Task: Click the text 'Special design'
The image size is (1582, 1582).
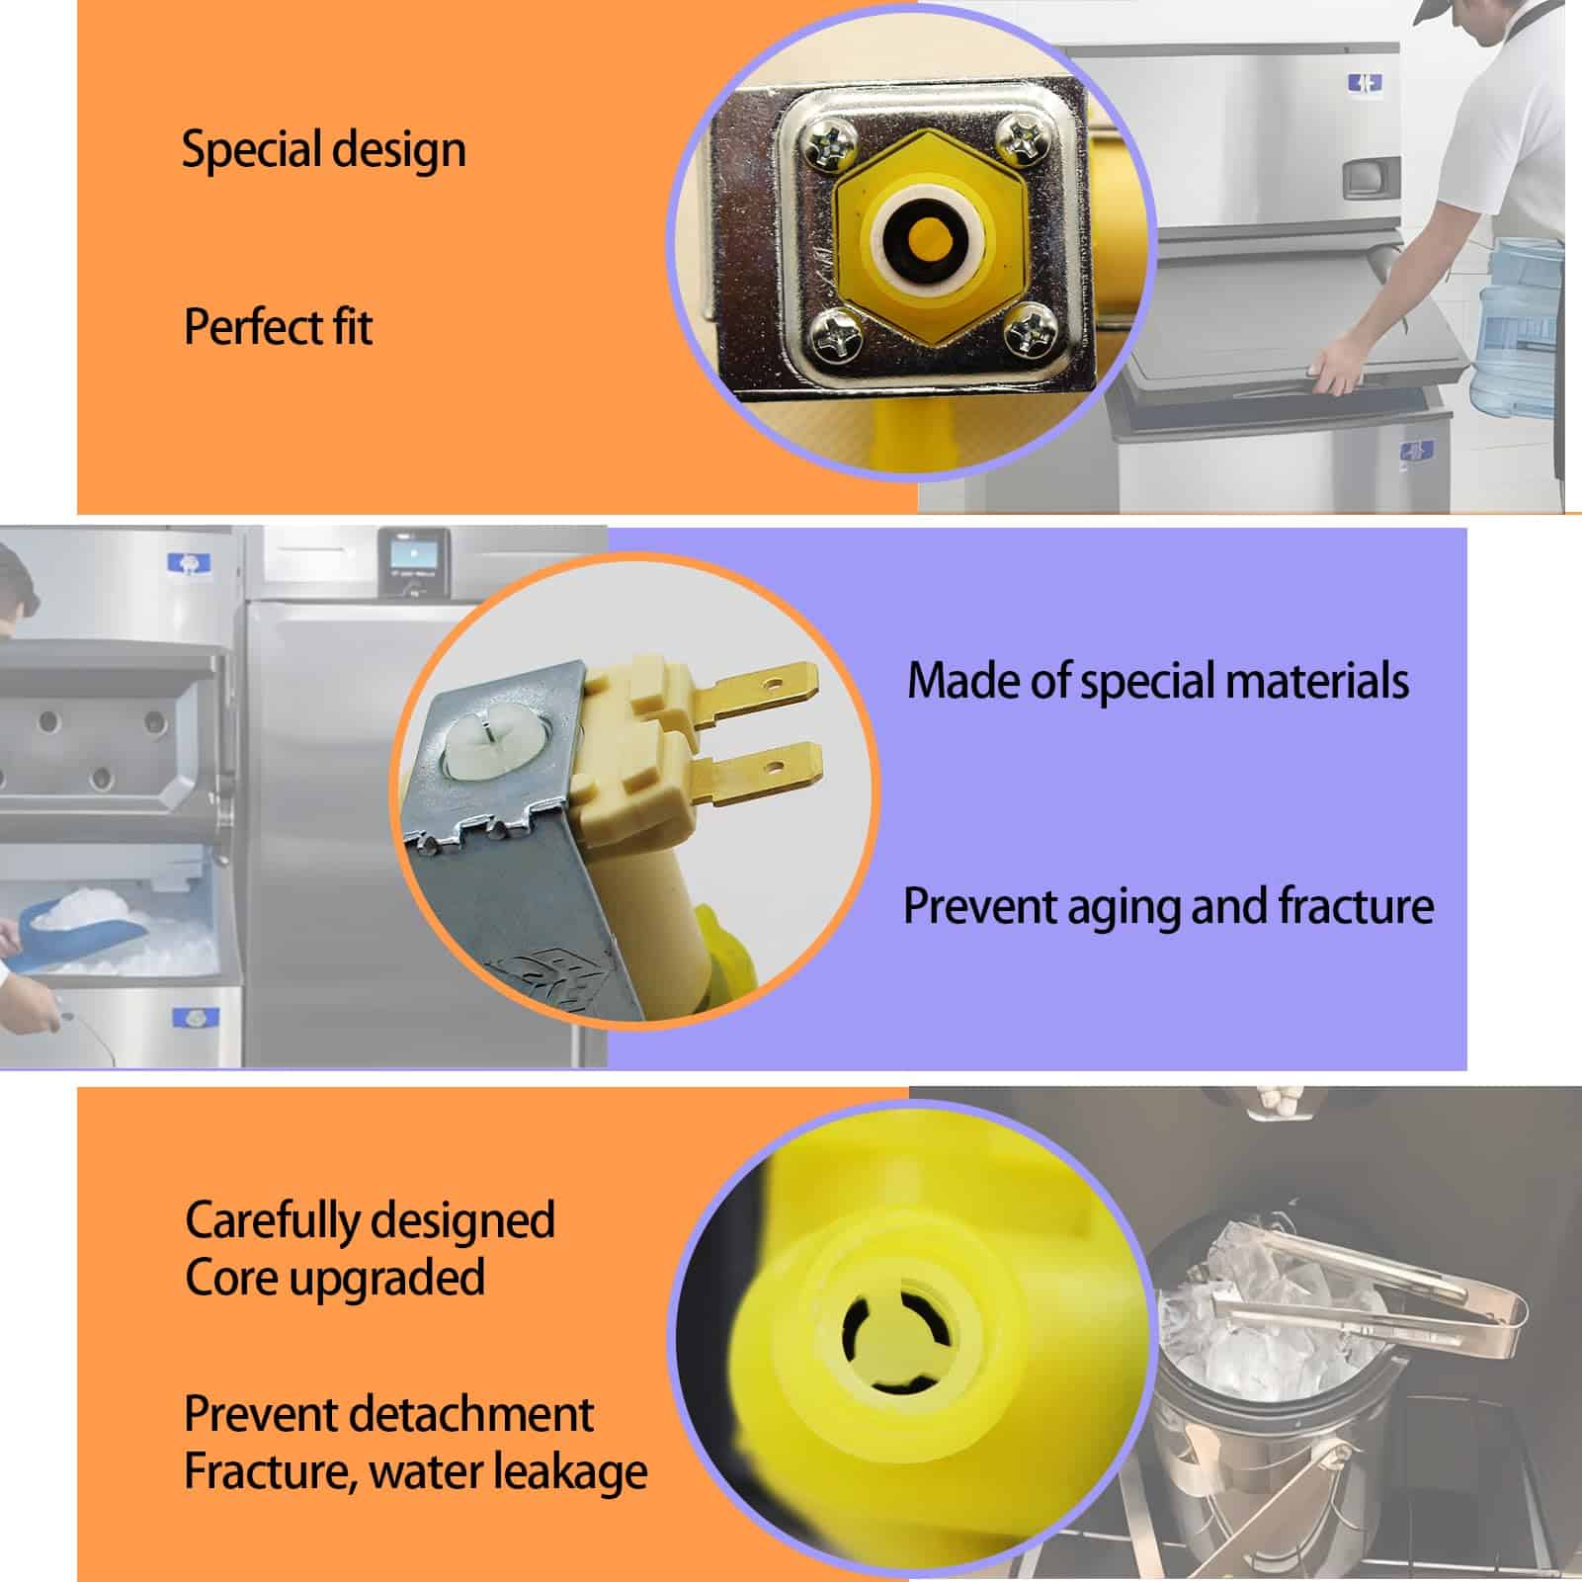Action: (x=324, y=150)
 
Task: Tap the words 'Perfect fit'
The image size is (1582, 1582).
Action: (x=279, y=327)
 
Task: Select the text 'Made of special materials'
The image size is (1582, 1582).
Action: (x=1158, y=681)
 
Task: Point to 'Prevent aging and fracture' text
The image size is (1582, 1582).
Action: (x=1169, y=906)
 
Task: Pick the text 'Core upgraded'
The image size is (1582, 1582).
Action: (x=335, y=1278)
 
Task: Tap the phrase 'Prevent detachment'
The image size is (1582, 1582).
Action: (x=389, y=1414)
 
